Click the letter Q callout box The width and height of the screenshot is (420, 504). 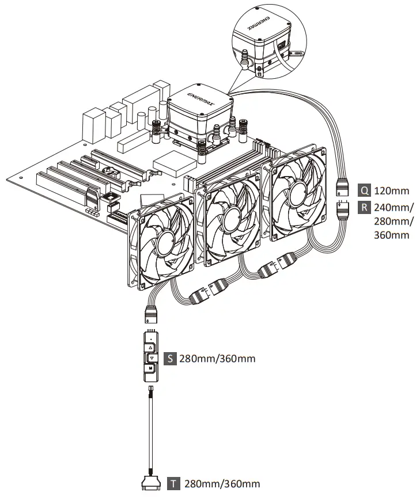coord(364,190)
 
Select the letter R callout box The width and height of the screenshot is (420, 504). coord(364,207)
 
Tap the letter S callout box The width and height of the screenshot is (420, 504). coord(170,359)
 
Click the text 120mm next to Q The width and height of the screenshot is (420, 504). coord(392,190)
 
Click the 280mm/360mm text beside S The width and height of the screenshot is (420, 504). coord(217,359)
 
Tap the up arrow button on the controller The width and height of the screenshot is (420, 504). coord(150,348)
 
